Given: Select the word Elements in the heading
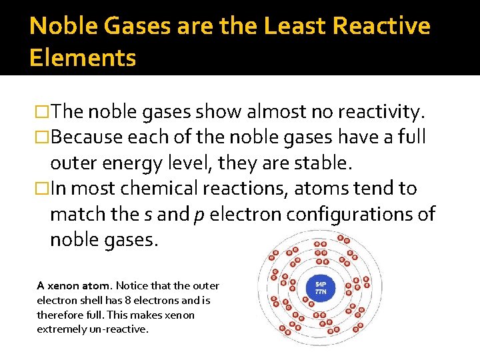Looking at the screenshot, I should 83,58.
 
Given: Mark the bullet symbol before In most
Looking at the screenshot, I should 43,189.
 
